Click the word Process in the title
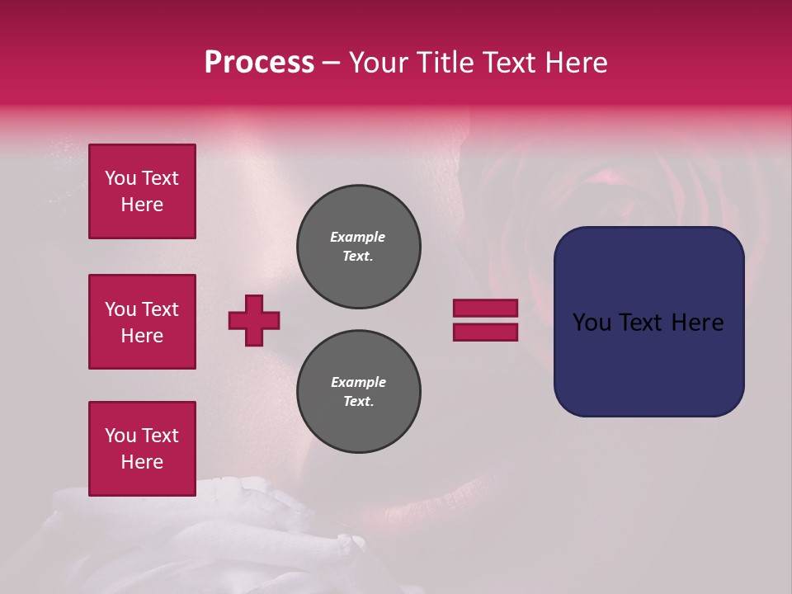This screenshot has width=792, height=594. coord(259,63)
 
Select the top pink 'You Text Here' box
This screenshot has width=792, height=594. coord(142,191)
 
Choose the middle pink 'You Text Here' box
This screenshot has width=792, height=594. coord(142,322)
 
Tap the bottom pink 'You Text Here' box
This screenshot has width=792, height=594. coord(142,449)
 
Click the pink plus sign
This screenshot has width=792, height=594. coord(254,320)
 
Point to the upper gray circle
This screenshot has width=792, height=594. coord(359,247)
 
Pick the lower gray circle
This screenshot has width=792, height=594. coord(359,392)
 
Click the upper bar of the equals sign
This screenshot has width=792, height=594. coord(485,308)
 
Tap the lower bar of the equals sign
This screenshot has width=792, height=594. coord(485,332)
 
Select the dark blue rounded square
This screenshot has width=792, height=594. coord(648,321)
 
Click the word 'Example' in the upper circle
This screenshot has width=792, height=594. coord(357,237)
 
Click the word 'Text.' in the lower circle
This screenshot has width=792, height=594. coord(358,402)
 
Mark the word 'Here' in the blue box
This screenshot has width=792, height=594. coord(697,323)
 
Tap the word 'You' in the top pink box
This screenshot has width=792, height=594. coord(120,178)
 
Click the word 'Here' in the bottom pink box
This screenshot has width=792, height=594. coord(142,462)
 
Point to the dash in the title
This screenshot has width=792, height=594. coord(331,63)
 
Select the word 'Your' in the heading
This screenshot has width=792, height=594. coord(380,63)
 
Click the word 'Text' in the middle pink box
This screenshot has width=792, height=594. coord(159,309)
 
